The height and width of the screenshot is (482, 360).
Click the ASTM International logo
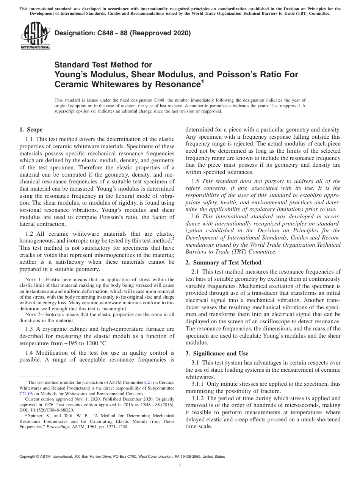(x=35, y=36)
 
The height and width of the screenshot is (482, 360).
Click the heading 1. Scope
(x=31, y=130)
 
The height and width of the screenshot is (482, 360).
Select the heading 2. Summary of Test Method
(x=223, y=262)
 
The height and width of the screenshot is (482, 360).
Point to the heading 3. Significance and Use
(x=217, y=354)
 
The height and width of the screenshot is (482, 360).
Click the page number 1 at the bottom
(x=180, y=466)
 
